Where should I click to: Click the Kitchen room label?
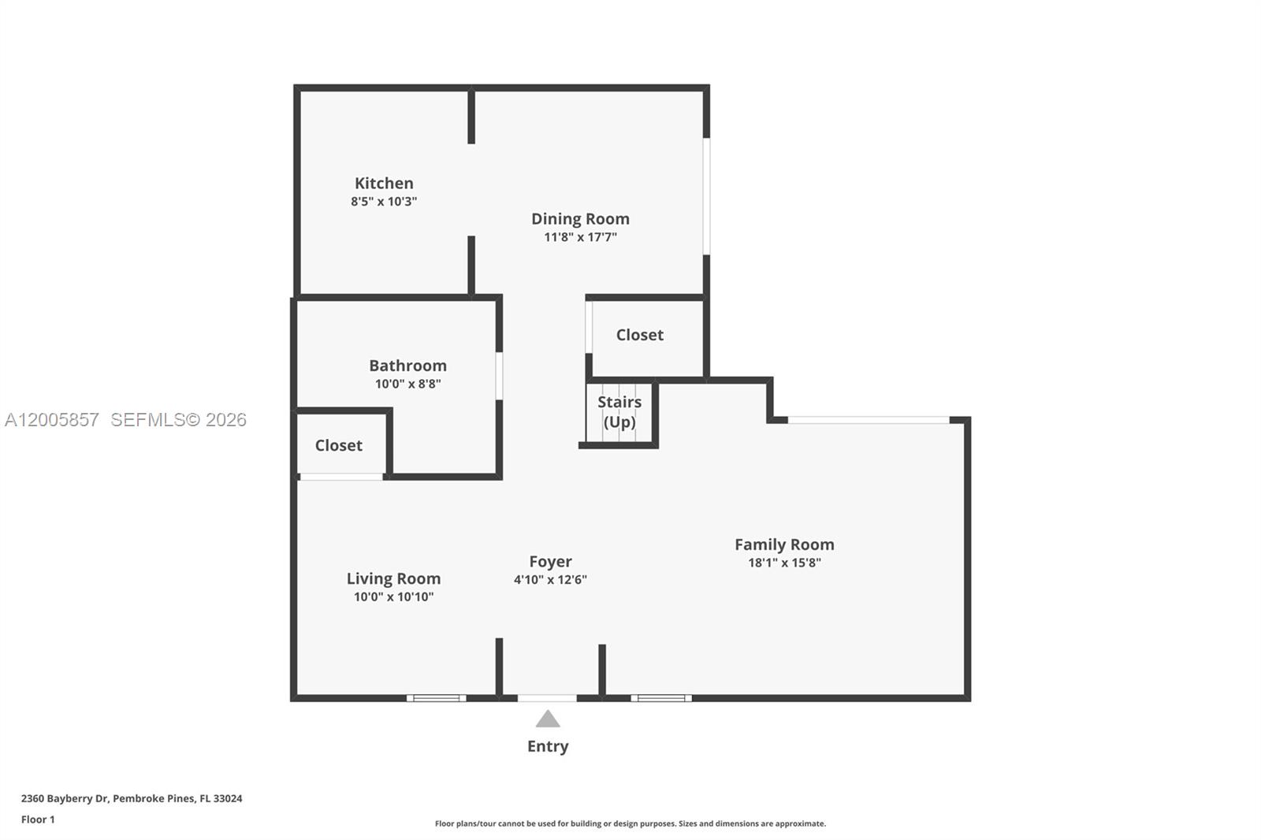coord(384,183)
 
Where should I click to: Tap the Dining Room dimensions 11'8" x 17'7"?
coord(580,237)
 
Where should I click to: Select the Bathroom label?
coord(407,366)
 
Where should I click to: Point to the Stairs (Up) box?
coord(619,413)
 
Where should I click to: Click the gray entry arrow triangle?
coord(548,719)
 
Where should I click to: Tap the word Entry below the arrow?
coord(548,746)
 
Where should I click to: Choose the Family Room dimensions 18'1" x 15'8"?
coord(784,563)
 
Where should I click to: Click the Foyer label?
coord(550,562)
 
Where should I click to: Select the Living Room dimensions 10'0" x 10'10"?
coord(393,597)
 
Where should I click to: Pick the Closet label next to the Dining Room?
coord(639,335)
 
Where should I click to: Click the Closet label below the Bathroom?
coord(338,445)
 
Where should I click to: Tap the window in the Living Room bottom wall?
coord(437,697)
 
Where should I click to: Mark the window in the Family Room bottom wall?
coord(661,697)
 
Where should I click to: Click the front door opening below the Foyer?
coord(547,697)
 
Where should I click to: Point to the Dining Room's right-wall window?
coord(706,196)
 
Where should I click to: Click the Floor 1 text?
coord(38,820)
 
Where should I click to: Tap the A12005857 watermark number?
coord(52,420)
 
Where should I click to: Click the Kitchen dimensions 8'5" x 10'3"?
coord(384,202)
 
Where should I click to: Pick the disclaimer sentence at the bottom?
coord(630,823)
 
